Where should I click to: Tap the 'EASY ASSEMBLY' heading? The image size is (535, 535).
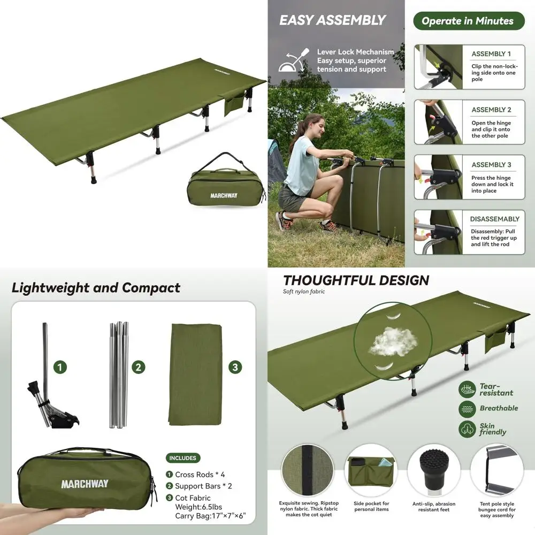point(332,21)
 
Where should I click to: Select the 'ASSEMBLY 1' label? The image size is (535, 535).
point(491,54)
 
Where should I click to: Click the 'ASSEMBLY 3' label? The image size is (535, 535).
point(491,165)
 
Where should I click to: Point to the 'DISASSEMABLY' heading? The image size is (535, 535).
point(494,219)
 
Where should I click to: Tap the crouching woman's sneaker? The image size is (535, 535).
point(283,220)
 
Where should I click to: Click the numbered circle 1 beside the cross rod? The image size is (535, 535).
point(61,367)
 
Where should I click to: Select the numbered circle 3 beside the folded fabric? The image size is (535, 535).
point(235,367)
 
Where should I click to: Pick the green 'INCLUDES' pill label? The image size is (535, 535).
point(183,458)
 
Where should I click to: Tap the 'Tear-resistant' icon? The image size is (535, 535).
point(467,389)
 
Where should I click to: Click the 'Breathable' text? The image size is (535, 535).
point(499,408)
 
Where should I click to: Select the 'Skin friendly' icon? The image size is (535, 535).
point(467,429)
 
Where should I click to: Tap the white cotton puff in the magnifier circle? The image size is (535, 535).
point(393,340)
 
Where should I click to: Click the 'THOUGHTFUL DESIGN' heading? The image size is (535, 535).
point(356,280)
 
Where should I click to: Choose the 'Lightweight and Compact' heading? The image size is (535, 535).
point(96,288)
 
